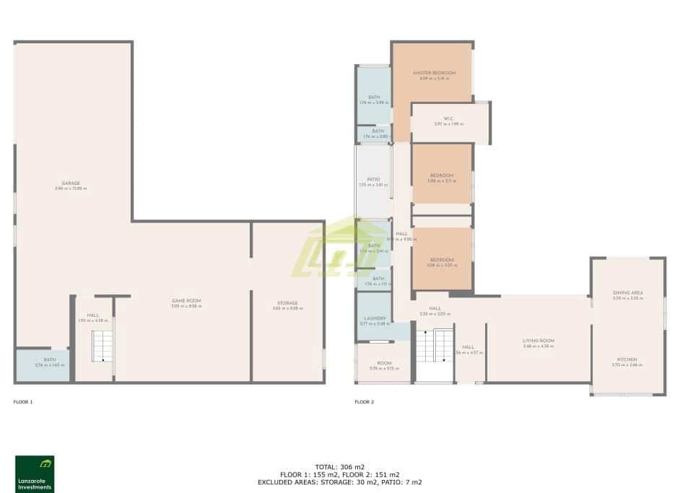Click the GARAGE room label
tap(70, 183)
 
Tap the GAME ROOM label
tap(186, 301)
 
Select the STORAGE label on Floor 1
tap(287, 303)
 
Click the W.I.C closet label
tap(448, 120)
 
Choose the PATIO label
tap(373, 180)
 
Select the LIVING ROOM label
tap(539, 341)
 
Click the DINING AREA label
tap(627, 293)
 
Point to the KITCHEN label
tap(627, 359)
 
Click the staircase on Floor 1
tap(101, 347)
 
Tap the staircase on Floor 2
tap(435, 351)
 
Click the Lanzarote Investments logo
tap(35, 474)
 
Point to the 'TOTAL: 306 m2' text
tap(340, 467)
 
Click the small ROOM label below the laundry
tap(384, 364)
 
